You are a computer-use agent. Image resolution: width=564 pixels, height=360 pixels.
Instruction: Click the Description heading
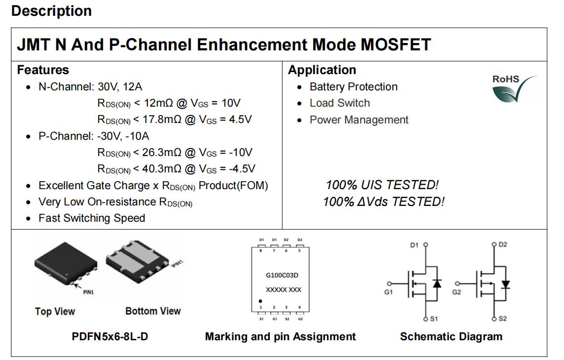pyautogui.click(x=51, y=11)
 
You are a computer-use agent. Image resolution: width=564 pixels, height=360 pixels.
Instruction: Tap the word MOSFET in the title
pyautogui.click(x=396, y=44)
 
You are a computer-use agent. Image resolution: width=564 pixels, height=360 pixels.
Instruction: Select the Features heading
pyautogui.click(x=43, y=70)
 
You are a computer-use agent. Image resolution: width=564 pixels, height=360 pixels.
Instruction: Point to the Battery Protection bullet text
pyautogui.click(x=353, y=87)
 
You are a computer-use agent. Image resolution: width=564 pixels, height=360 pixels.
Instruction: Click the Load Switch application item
pyautogui.click(x=340, y=103)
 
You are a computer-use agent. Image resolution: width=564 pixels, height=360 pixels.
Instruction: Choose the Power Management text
pyautogui.click(x=359, y=120)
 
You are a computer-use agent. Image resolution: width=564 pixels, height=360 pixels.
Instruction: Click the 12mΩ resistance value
pyautogui.click(x=159, y=103)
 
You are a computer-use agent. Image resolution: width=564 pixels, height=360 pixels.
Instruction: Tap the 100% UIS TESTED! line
pyautogui.click(x=382, y=185)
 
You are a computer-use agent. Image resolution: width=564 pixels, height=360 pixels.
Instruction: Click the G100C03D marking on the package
pyautogui.click(x=282, y=275)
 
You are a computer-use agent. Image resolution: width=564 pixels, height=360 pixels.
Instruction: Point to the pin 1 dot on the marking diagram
pyautogui.click(x=260, y=301)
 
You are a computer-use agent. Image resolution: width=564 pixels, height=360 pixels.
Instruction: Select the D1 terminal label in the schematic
pyautogui.click(x=414, y=245)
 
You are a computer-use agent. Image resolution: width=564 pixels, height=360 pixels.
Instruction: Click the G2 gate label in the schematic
pyautogui.click(x=456, y=292)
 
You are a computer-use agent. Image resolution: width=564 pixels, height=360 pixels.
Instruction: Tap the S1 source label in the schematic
pyautogui.click(x=434, y=319)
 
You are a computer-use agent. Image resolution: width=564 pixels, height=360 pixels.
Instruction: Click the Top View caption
pyautogui.click(x=55, y=311)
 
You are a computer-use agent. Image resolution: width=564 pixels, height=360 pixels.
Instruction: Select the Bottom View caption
pyautogui.click(x=153, y=311)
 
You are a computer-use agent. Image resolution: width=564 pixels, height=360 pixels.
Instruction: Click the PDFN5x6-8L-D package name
pyautogui.click(x=110, y=337)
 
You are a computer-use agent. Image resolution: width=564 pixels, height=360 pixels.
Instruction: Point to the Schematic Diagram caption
pyautogui.click(x=451, y=337)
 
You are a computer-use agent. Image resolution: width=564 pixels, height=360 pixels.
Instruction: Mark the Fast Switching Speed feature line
pyautogui.click(x=92, y=218)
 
